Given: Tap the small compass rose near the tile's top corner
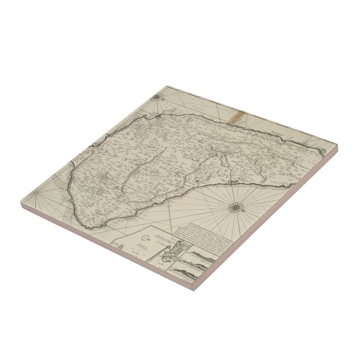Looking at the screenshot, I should (x=157, y=101).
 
